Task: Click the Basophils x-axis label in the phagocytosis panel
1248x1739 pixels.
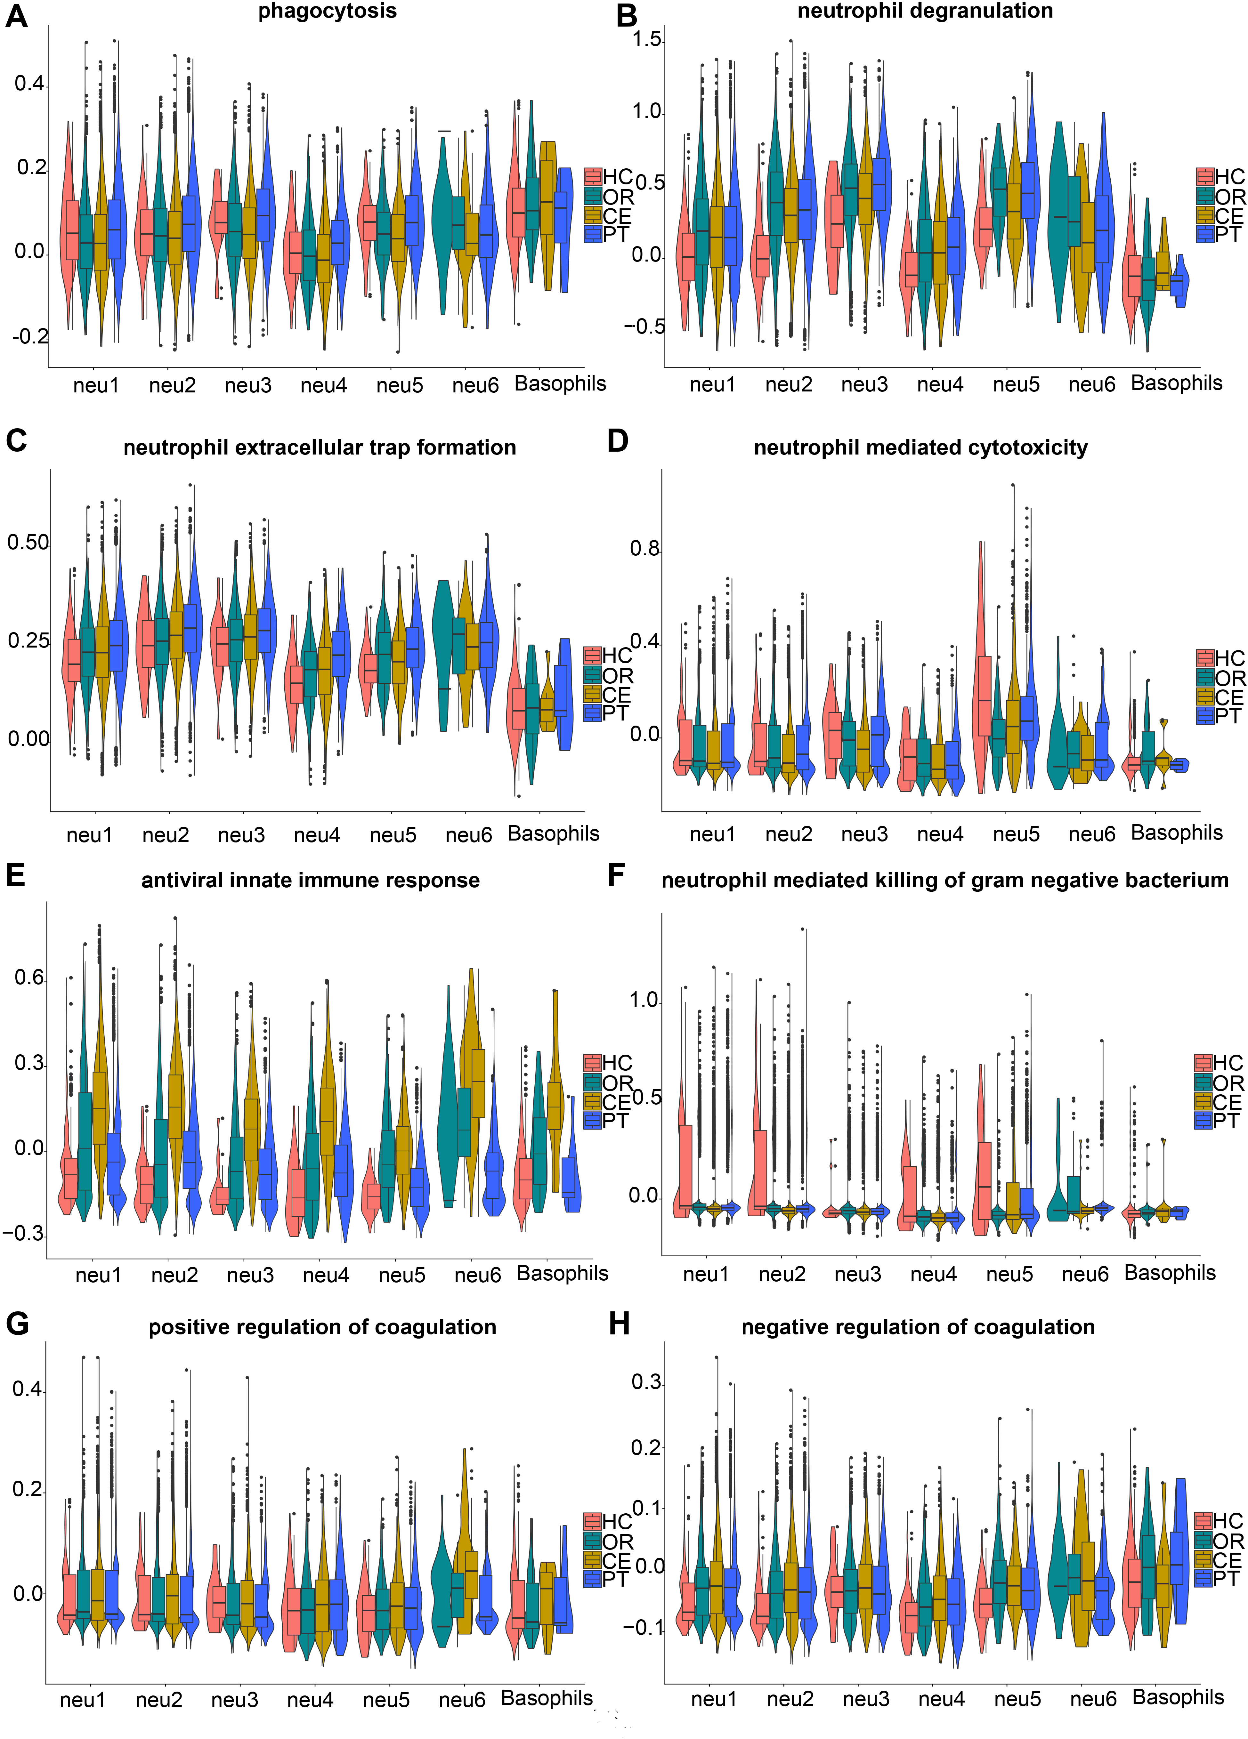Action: (x=560, y=384)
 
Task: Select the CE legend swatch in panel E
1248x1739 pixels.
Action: (x=592, y=1102)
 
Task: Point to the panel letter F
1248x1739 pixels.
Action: (x=616, y=875)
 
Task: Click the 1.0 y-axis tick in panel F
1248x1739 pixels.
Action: (x=644, y=1001)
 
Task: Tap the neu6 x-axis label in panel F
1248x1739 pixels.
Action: (x=1085, y=1274)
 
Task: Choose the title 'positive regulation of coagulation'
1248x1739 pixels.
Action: (x=322, y=1327)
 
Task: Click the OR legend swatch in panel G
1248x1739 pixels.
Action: (x=592, y=1541)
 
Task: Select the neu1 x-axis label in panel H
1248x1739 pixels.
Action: (x=713, y=1699)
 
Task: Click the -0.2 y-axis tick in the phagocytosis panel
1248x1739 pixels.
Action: (x=29, y=337)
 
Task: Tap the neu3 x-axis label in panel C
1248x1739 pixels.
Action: (x=241, y=835)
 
